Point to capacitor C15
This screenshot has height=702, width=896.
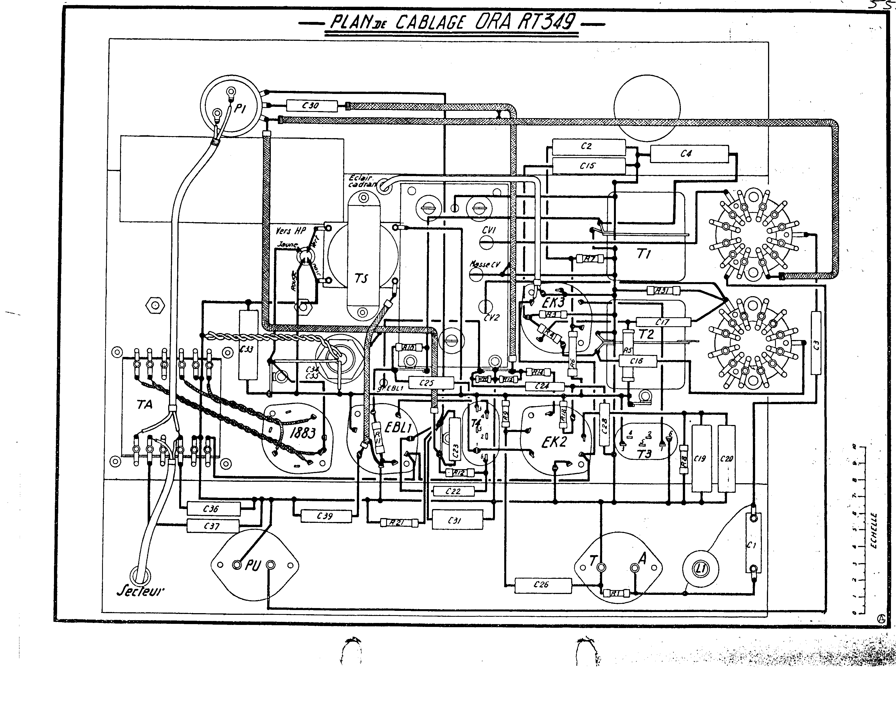(x=588, y=166)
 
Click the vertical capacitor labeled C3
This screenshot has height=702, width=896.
(x=816, y=343)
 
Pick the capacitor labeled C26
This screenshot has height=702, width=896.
(x=542, y=584)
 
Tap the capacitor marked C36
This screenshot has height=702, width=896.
(x=213, y=509)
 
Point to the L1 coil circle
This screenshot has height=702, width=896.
(x=701, y=569)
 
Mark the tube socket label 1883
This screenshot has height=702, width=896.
(x=303, y=433)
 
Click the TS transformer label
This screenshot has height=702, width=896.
(x=361, y=279)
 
